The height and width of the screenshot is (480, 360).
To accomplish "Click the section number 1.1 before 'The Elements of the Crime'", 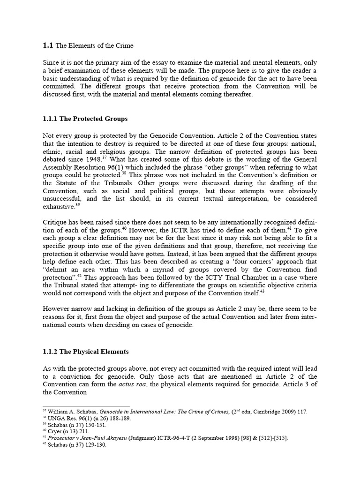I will pyautogui.click(x=48, y=45).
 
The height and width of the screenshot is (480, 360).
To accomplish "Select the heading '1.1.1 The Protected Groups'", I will pyautogui.click(x=85, y=119).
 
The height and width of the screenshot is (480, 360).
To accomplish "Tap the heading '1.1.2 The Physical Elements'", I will pyautogui.click(x=85, y=352).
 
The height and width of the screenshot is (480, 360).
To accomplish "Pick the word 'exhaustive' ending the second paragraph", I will pyautogui.click(x=59, y=207).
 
